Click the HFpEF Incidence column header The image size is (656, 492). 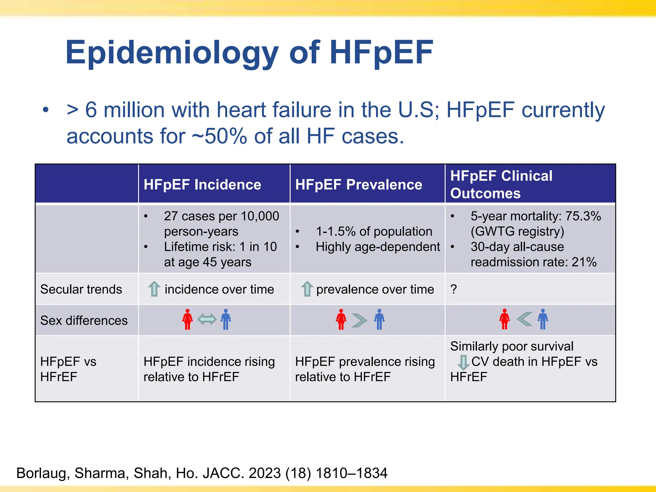point(202,185)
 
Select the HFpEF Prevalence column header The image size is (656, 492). point(358,185)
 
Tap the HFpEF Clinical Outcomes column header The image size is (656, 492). point(501,184)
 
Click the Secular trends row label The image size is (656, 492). point(81,289)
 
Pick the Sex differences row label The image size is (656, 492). point(84,320)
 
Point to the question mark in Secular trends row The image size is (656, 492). point(454,289)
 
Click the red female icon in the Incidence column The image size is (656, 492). point(187,319)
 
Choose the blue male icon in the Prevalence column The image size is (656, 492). point(379,319)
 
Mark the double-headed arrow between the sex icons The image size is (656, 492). point(207,319)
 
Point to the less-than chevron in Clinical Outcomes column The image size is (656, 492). point(524,319)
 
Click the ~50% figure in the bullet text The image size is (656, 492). point(219,136)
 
